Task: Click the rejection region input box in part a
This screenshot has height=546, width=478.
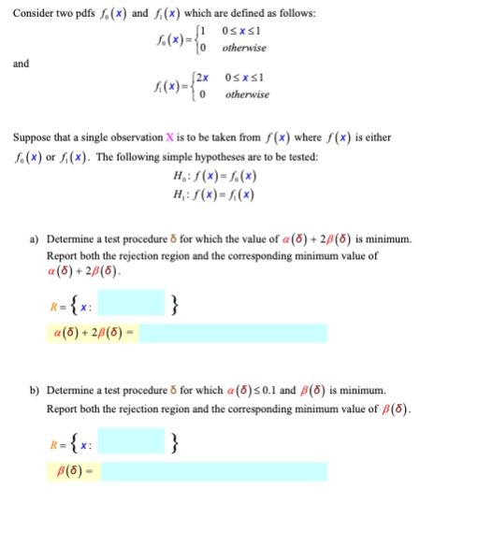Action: coord(132,304)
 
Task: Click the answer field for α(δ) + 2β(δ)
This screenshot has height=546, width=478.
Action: coord(234,334)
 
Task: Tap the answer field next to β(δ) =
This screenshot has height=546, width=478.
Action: coord(214,471)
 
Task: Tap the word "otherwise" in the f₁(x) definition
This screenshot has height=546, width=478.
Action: coord(246,95)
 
